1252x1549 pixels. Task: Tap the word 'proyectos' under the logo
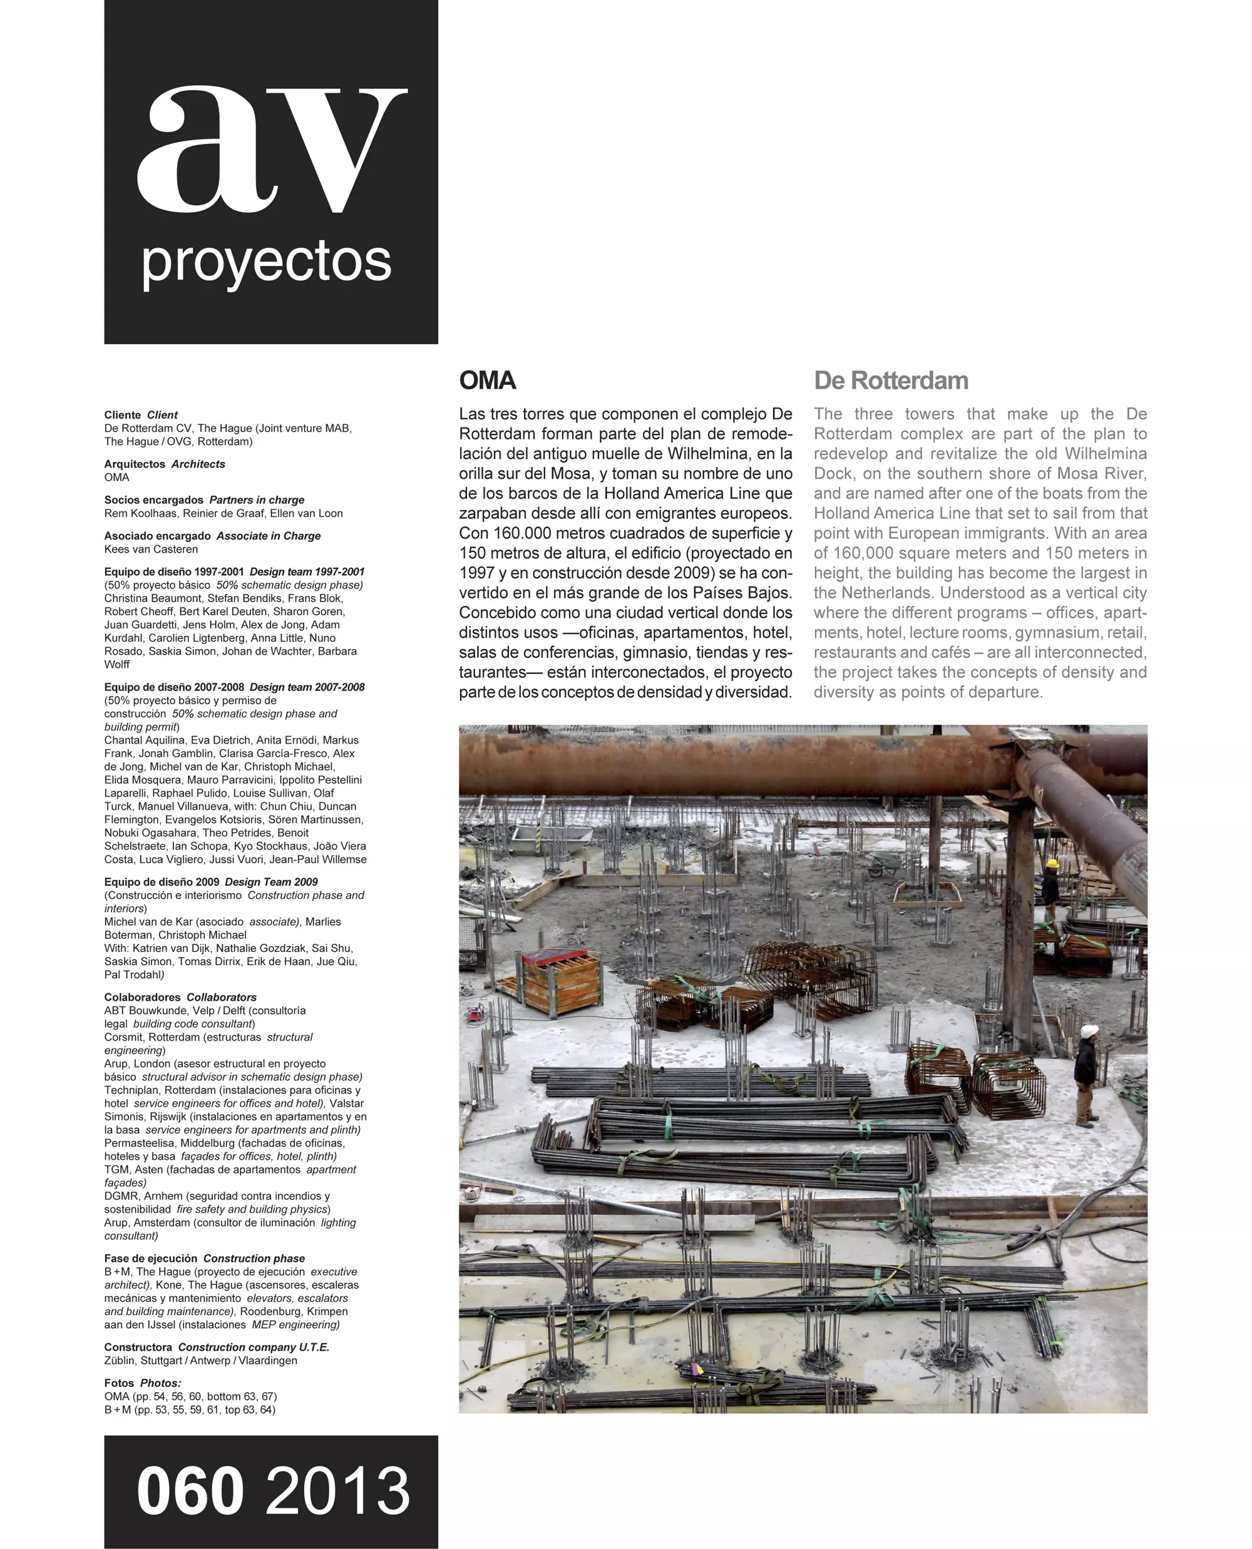[x=267, y=262]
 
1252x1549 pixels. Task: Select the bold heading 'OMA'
[x=488, y=381]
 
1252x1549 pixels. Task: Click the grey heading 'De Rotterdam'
[x=891, y=381]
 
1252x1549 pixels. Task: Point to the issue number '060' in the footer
[x=190, y=1491]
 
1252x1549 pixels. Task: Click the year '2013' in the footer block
[x=337, y=1491]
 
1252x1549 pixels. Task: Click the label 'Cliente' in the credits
[x=123, y=416]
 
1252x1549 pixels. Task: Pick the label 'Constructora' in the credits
[x=138, y=1347]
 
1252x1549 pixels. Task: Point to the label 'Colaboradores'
[x=142, y=998]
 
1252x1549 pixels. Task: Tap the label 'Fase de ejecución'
[x=151, y=1259]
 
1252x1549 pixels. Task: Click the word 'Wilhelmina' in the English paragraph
[x=1106, y=454]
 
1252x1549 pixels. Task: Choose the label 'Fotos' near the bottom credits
[x=119, y=1383]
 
